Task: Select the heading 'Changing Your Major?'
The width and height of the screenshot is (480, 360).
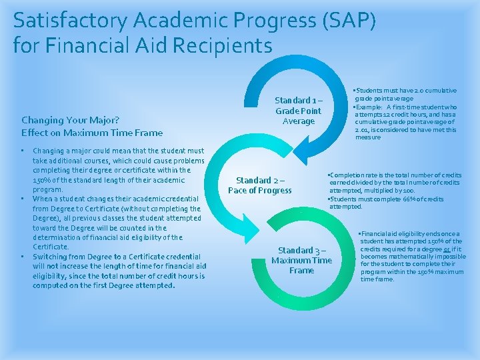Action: (x=70, y=120)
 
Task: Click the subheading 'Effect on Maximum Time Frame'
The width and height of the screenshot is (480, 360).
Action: (x=92, y=133)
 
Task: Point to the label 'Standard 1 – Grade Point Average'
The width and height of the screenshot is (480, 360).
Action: (x=298, y=111)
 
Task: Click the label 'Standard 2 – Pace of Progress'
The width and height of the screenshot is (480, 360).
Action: (x=260, y=185)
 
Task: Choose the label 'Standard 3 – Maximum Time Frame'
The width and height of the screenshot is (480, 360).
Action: (x=301, y=260)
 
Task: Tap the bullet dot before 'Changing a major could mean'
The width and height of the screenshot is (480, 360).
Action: (x=23, y=151)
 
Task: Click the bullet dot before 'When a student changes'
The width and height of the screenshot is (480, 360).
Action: (x=23, y=198)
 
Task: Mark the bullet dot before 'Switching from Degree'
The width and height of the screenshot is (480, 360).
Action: (x=23, y=256)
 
